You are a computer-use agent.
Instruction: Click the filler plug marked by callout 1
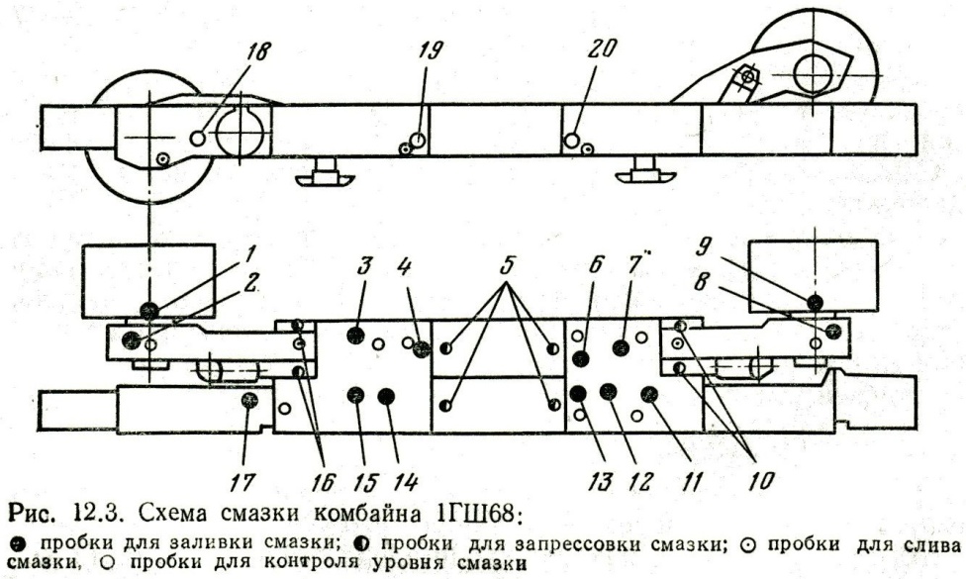click(148, 311)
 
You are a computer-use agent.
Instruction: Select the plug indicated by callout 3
click(355, 336)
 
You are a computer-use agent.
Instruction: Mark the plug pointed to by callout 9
click(814, 302)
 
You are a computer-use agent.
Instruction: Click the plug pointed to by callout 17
click(249, 399)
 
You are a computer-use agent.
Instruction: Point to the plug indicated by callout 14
click(387, 397)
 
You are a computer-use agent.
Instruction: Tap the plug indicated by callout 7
click(621, 346)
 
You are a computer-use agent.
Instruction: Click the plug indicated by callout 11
click(649, 395)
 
